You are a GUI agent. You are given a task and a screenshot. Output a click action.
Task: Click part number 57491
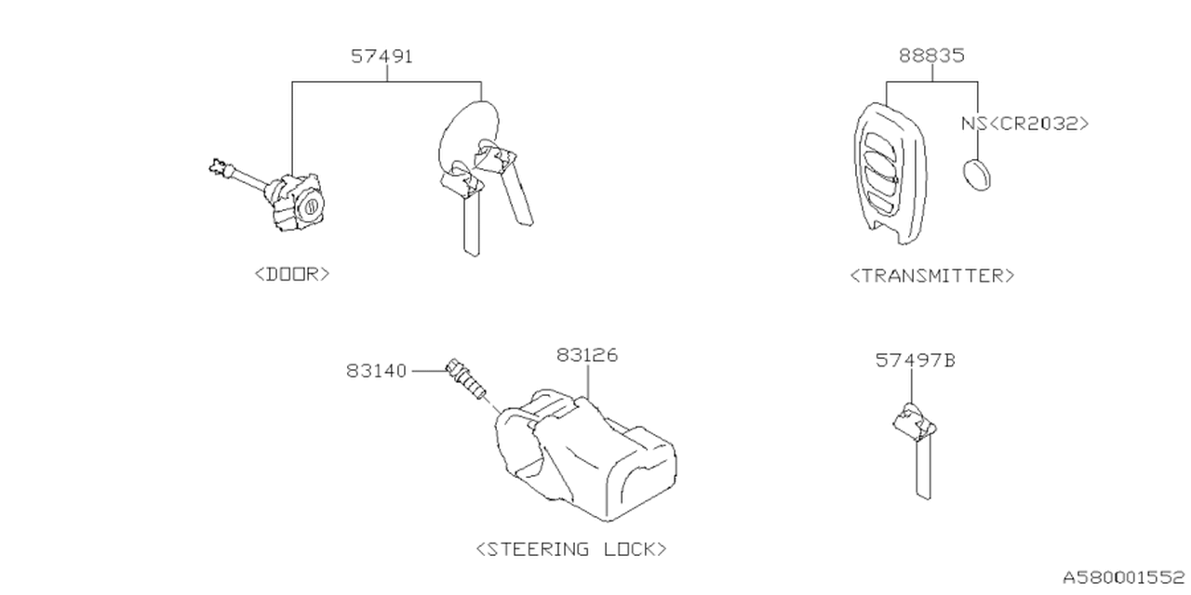381,57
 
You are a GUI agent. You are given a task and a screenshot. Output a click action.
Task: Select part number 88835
931,56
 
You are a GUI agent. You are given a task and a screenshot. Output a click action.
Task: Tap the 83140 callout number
377,371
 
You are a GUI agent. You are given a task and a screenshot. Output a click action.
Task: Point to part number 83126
587,355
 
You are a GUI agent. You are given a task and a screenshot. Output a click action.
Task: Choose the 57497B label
915,360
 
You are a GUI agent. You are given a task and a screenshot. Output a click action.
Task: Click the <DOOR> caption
291,274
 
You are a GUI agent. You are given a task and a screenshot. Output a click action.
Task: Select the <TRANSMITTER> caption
931,275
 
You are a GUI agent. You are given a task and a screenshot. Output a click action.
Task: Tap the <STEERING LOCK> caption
571,549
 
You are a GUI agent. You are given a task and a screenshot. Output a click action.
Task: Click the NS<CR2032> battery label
1024,124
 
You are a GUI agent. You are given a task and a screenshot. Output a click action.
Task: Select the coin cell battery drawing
974,174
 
